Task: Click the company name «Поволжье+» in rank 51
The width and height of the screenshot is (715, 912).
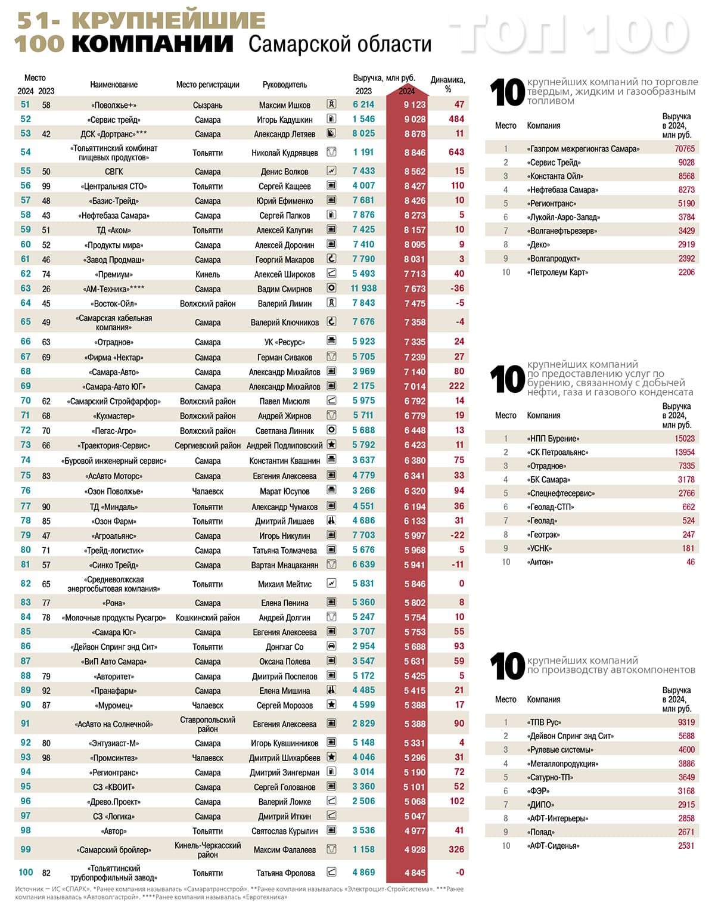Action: coord(114,105)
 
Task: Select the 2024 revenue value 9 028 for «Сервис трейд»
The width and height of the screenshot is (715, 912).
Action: coord(415,119)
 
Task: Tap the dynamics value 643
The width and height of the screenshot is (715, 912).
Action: coord(456,152)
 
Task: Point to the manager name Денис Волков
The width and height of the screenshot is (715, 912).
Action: coord(284,172)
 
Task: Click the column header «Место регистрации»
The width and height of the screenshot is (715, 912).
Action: coord(207,85)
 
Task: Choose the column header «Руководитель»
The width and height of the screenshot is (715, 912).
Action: coord(284,85)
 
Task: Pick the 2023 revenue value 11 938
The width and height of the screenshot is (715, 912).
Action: coord(363,289)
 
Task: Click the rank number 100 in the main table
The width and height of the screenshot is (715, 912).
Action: coord(26,872)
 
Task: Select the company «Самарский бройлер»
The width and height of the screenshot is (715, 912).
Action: coord(114,850)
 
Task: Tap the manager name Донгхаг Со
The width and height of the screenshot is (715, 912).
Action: coord(284,647)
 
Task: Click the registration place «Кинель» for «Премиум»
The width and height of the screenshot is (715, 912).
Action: coord(207,274)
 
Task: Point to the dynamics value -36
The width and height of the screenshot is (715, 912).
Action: coord(457,289)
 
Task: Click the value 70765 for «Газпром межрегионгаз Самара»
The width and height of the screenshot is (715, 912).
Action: coord(685,148)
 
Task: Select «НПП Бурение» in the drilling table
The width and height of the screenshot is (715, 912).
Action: coord(553,439)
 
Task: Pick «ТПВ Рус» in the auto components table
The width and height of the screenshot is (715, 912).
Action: coord(544,722)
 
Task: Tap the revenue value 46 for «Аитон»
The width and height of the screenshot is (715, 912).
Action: coord(690,562)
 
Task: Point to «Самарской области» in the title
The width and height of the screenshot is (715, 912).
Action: coord(340,44)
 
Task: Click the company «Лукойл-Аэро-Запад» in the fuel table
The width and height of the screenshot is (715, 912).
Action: coord(563,218)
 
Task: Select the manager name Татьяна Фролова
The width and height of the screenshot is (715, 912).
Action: coord(285,873)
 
